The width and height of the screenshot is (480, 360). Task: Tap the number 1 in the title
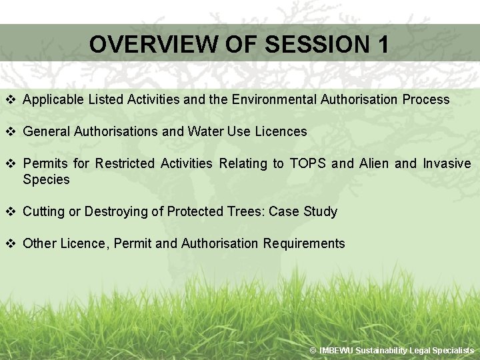click(382, 45)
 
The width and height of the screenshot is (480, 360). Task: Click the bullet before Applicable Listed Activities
click(10, 99)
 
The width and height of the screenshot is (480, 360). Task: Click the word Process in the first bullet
click(426, 99)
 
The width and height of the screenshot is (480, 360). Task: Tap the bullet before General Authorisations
click(10, 131)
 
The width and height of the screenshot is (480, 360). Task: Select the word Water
click(205, 131)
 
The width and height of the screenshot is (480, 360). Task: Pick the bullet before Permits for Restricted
click(10, 163)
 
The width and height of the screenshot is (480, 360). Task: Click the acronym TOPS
click(307, 163)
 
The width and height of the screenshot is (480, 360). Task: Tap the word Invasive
click(447, 163)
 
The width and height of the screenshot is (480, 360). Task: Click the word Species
click(46, 179)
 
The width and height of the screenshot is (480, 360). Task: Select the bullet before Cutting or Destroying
click(10, 211)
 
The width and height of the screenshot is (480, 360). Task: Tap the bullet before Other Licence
click(10, 243)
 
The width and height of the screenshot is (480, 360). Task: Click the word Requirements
click(304, 243)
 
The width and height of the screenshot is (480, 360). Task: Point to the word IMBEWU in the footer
click(336, 351)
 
